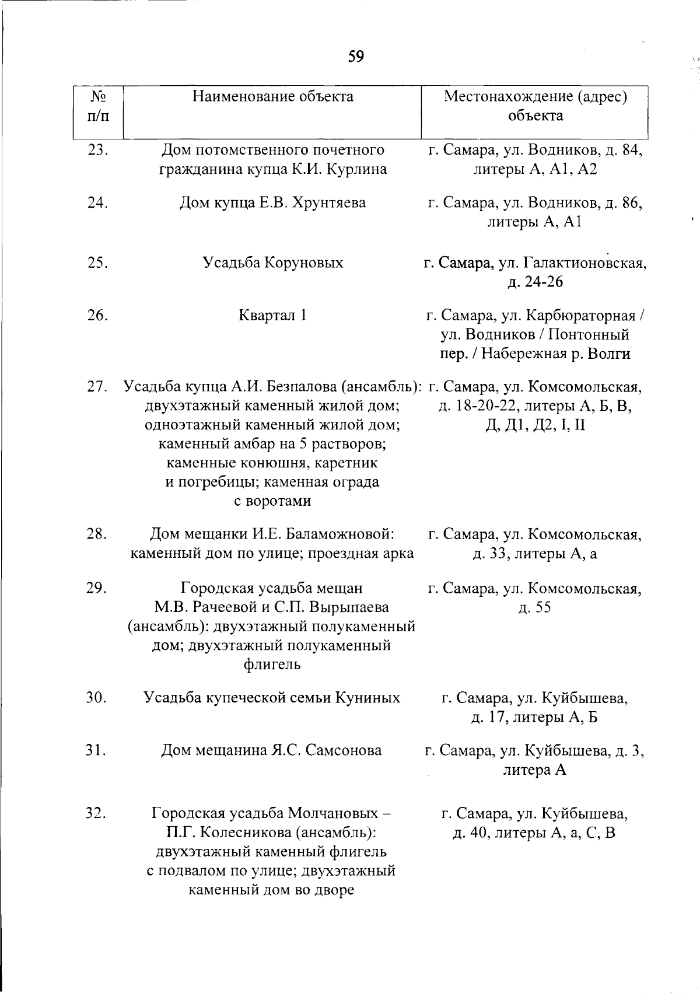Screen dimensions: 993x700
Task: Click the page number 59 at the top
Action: click(356, 57)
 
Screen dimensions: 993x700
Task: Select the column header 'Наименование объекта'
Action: click(273, 96)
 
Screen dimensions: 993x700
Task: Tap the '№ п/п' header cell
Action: click(98, 106)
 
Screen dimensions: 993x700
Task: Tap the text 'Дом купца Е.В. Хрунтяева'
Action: click(272, 202)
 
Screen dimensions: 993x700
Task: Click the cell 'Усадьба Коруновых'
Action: click(273, 263)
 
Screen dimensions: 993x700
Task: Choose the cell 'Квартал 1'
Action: click(273, 316)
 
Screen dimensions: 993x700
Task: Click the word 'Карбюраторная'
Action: click(581, 316)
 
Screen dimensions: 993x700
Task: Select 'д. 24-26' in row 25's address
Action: click(535, 282)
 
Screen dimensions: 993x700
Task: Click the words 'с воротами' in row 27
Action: click(272, 501)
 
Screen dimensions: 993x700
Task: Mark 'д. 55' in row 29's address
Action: click(534, 607)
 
